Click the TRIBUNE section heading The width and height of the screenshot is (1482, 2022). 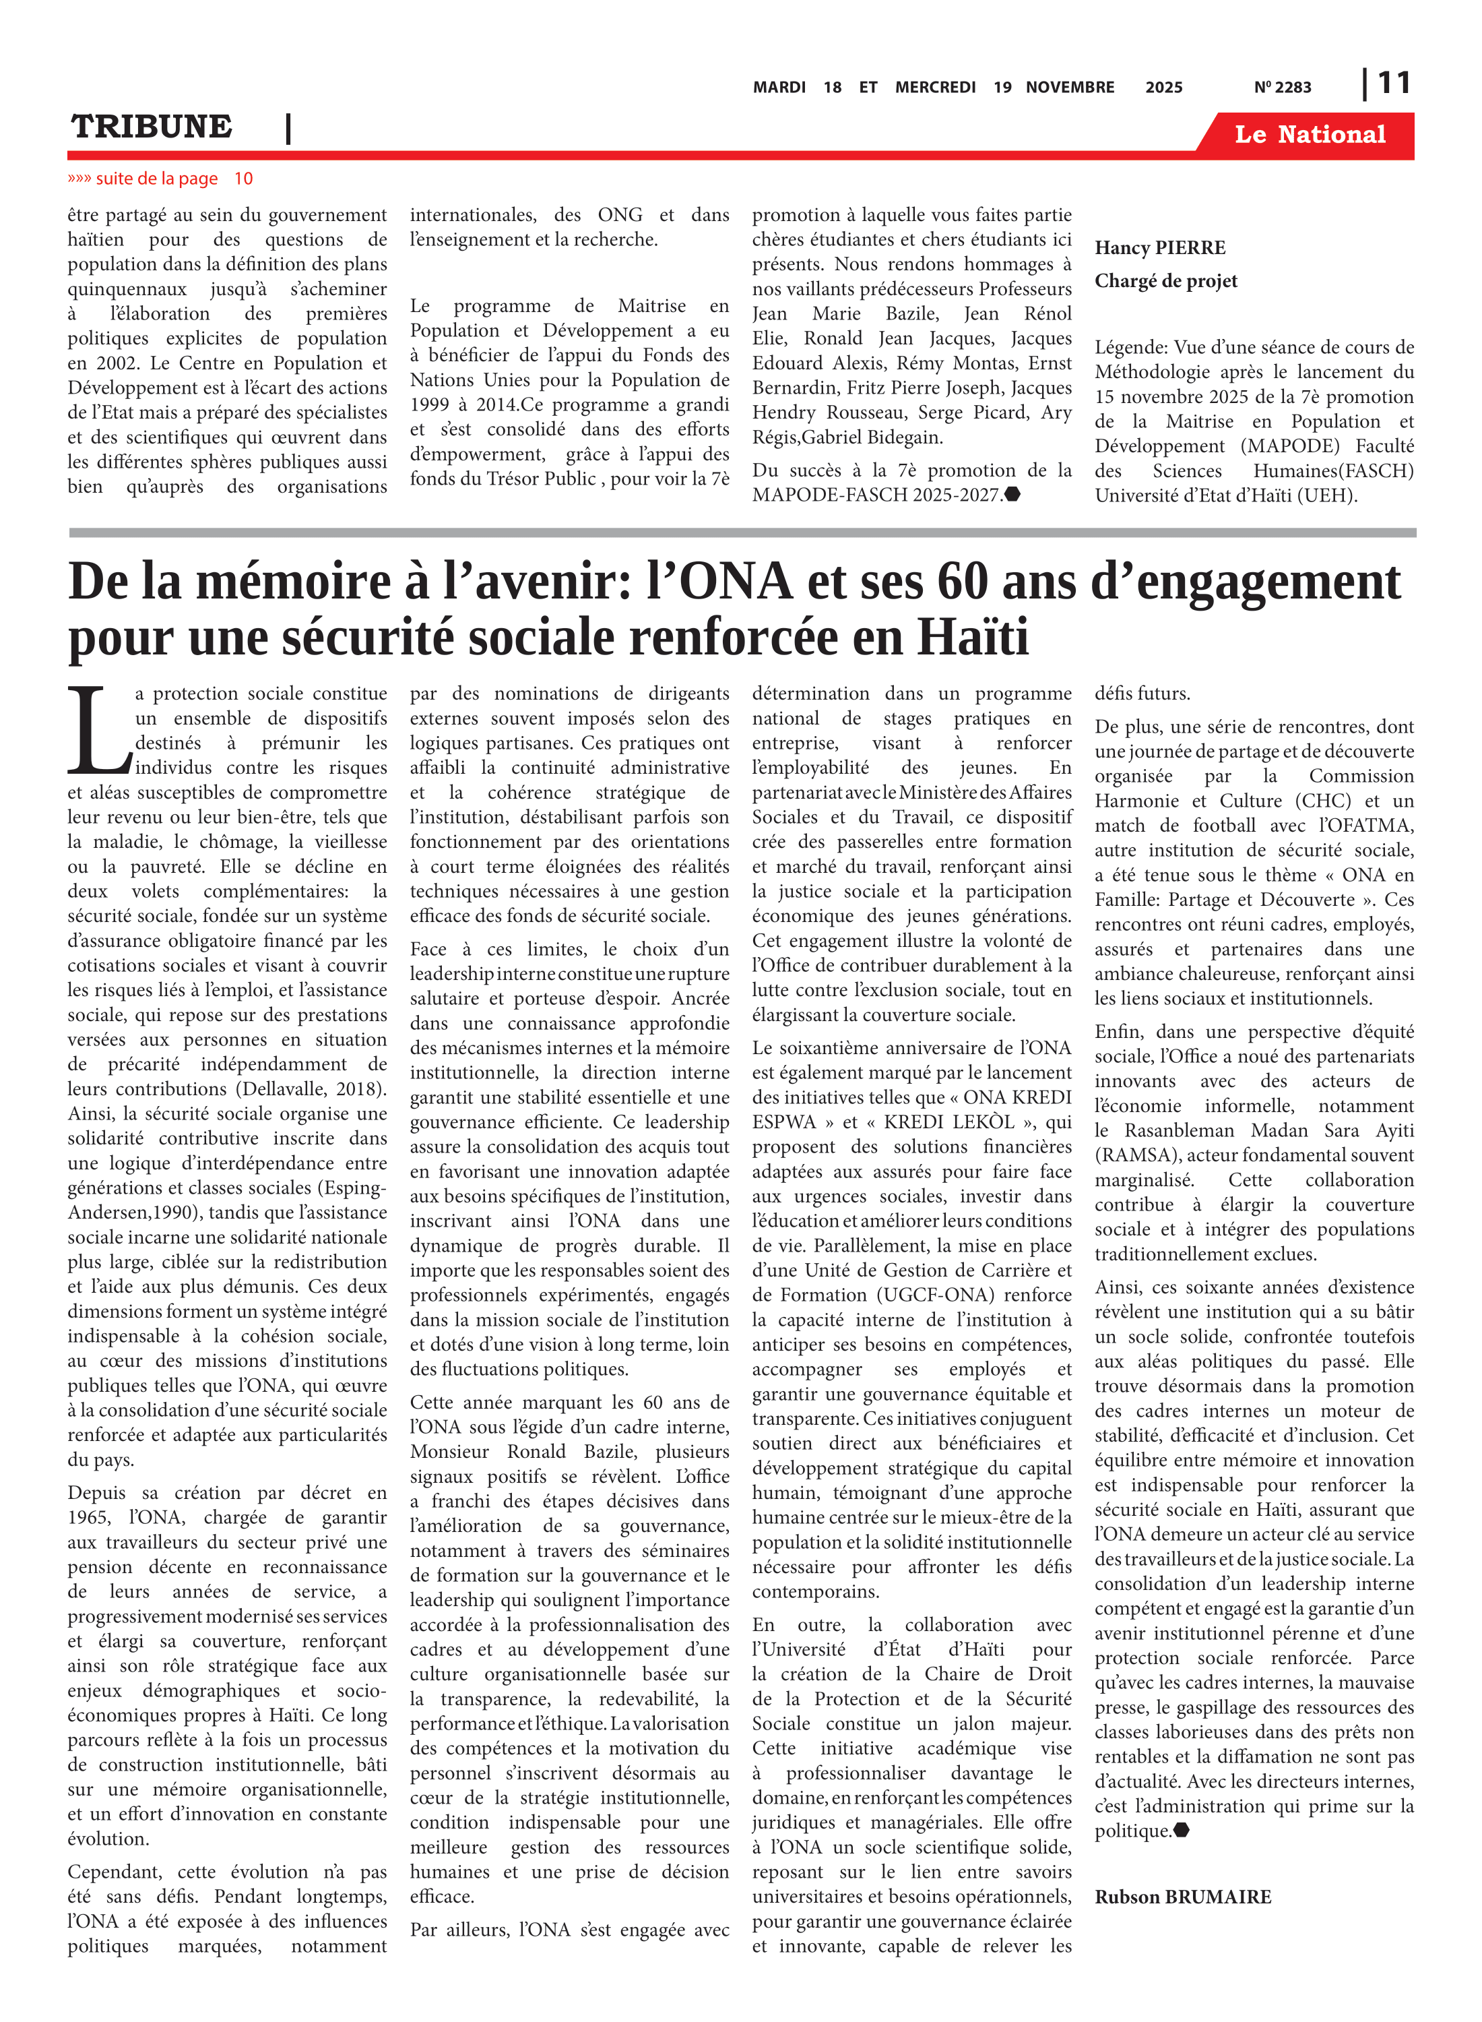(x=152, y=127)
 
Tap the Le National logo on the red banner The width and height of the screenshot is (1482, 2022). (x=1310, y=135)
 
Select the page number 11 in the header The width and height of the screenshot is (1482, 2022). (x=1393, y=84)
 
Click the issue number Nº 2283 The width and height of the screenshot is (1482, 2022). (x=1282, y=87)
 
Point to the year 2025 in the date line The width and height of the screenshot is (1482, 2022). (x=1163, y=87)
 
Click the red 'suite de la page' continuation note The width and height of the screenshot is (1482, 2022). (x=160, y=179)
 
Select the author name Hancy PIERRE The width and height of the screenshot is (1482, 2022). (x=1159, y=248)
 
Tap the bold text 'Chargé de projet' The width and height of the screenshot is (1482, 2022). (x=1165, y=281)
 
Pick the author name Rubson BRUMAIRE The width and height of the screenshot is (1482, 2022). (x=1182, y=1897)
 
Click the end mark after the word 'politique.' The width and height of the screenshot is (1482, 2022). (x=1181, y=1830)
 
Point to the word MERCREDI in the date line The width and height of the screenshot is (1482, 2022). (x=935, y=87)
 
